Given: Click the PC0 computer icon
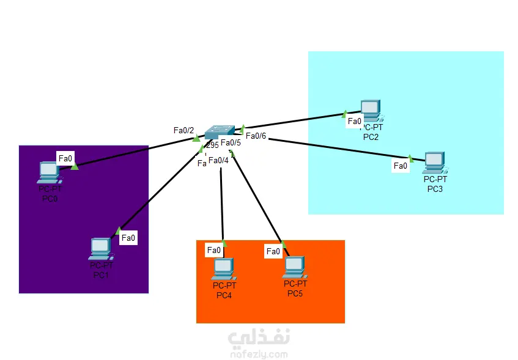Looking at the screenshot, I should pos(48,172).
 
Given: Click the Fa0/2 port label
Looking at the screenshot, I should pos(183,130).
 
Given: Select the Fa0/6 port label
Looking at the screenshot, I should pos(256,136).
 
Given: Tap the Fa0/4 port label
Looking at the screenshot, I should pos(218,160).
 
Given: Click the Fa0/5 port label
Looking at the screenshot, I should pos(231,144).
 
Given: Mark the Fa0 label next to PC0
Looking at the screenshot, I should pos(65,158).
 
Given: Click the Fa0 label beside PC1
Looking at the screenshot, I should pos(128,238).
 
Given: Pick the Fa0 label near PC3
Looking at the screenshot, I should pos(401,166).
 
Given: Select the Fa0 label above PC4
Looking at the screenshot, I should pos(214,250).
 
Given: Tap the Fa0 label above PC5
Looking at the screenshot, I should pos(273,251).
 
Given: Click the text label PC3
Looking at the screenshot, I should pos(435,189).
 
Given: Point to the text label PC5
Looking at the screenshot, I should pos(295,294).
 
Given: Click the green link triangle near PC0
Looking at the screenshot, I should pos(74,166).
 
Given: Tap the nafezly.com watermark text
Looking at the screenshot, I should pos(259,353).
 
